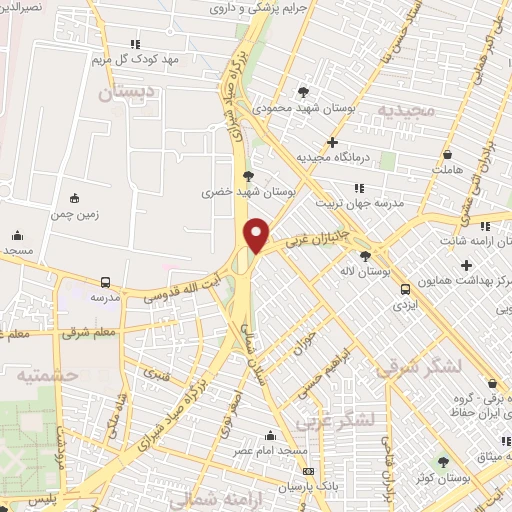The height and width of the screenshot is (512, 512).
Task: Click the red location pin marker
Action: point(258,235)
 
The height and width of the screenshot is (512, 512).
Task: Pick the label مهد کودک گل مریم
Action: point(136,59)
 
